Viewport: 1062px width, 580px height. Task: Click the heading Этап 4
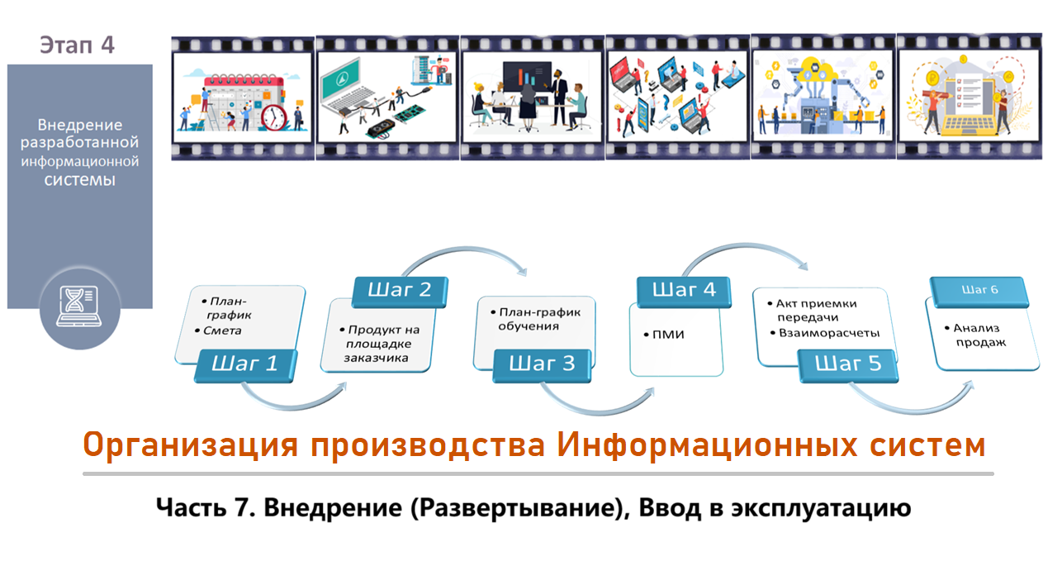tap(77, 45)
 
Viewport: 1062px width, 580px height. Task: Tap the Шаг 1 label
tap(244, 364)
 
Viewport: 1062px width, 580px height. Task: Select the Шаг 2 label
tap(400, 291)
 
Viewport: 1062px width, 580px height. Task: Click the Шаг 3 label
tap(541, 364)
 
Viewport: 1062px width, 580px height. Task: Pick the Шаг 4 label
tap(685, 291)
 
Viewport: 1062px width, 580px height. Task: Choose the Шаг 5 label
tap(848, 364)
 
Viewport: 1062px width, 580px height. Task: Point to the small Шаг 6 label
tap(979, 290)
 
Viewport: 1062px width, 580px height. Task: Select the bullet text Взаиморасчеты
tap(829, 333)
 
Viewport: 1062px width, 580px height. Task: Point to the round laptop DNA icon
tap(79, 307)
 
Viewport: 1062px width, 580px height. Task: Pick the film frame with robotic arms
tap(822, 97)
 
